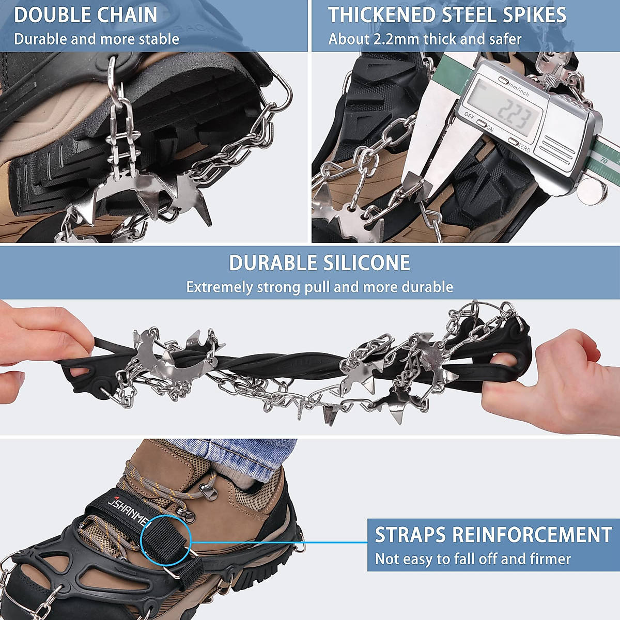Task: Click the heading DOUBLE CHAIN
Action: [86, 15]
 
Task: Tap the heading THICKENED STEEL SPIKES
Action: [447, 15]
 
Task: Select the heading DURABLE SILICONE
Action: [319, 263]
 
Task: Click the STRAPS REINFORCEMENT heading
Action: [493, 535]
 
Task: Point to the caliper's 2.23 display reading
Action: [513, 113]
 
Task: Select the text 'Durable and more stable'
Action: [97, 39]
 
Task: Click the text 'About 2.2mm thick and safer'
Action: [425, 39]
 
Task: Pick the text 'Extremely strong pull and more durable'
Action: [319, 287]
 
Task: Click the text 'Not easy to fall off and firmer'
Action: [473, 559]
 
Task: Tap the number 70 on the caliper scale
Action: [603, 160]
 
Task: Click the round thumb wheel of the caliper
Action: [592, 192]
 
